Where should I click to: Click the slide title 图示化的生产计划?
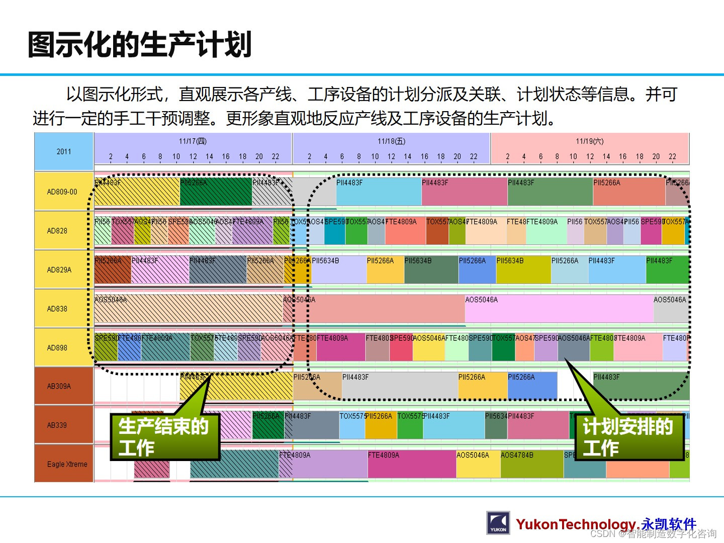(x=139, y=45)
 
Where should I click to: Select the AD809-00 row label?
(x=62, y=192)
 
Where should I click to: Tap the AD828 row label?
(x=57, y=231)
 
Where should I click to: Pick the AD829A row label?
(x=59, y=269)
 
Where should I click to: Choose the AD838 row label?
(x=57, y=309)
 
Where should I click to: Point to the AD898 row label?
(x=57, y=347)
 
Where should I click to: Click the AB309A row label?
(x=59, y=386)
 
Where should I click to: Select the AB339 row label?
(x=57, y=425)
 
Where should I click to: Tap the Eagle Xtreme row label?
(x=67, y=464)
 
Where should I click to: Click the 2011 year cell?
(x=64, y=151)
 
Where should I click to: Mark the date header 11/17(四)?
(x=193, y=141)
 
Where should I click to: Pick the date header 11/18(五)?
(x=392, y=141)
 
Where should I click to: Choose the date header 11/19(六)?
(x=590, y=141)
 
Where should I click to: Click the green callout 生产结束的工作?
(x=165, y=437)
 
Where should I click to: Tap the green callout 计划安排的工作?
(x=629, y=437)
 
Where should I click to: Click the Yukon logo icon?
(x=498, y=523)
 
